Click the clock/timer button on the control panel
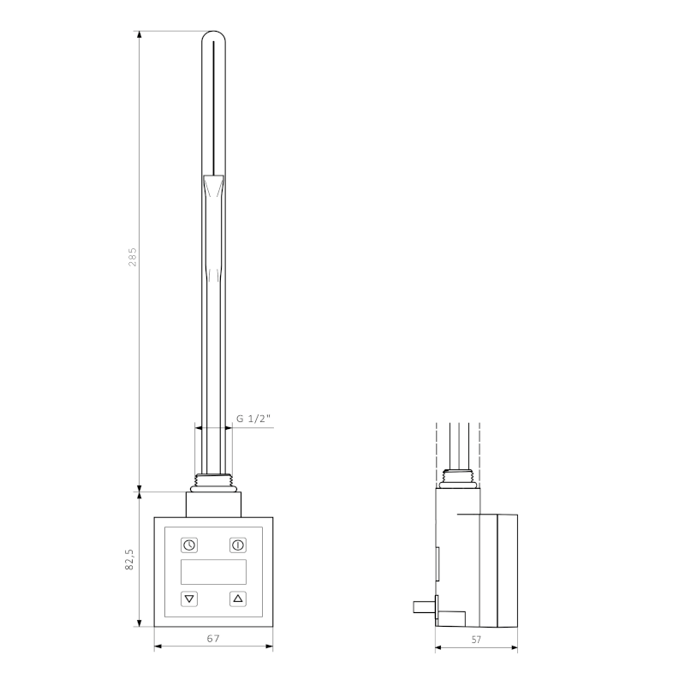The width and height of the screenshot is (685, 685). pos(188,545)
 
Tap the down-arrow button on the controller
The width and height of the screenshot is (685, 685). pos(188,599)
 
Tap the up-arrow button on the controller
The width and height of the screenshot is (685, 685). pos(238,599)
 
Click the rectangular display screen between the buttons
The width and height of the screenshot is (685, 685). pos(213,572)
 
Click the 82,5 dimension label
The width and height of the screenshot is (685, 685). pos(130,560)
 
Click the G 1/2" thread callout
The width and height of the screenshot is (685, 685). pos(253,419)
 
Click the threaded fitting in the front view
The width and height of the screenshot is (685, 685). pos(213,481)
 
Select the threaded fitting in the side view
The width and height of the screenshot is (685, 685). pos(462,479)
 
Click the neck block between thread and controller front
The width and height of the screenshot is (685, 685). pos(213,503)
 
